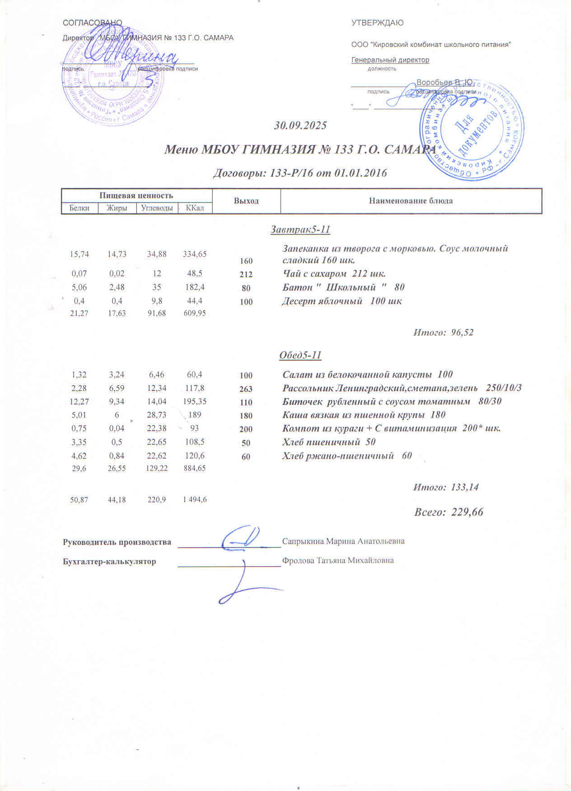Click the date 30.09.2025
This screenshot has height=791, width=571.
point(300,126)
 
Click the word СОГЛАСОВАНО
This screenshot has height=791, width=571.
point(92,23)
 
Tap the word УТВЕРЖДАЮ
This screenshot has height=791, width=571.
point(377,23)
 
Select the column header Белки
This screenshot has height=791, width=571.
point(80,208)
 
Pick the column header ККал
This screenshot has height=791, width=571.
point(195,208)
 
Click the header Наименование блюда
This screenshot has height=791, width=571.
point(411,201)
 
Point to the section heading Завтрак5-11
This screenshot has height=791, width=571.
point(300,230)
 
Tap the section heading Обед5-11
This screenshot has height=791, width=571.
point(300,355)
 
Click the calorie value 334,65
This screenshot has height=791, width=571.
point(195,254)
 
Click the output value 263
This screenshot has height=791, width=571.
point(246,389)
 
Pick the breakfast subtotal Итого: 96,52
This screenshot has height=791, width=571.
point(443,333)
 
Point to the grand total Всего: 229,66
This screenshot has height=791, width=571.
point(449,512)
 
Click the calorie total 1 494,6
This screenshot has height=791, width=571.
point(195,499)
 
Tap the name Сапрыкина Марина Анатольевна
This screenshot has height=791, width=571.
point(343,541)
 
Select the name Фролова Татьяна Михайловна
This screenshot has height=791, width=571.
point(337,561)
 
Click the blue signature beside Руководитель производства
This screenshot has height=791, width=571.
point(242,538)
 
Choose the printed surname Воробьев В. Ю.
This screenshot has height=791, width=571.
point(444,83)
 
